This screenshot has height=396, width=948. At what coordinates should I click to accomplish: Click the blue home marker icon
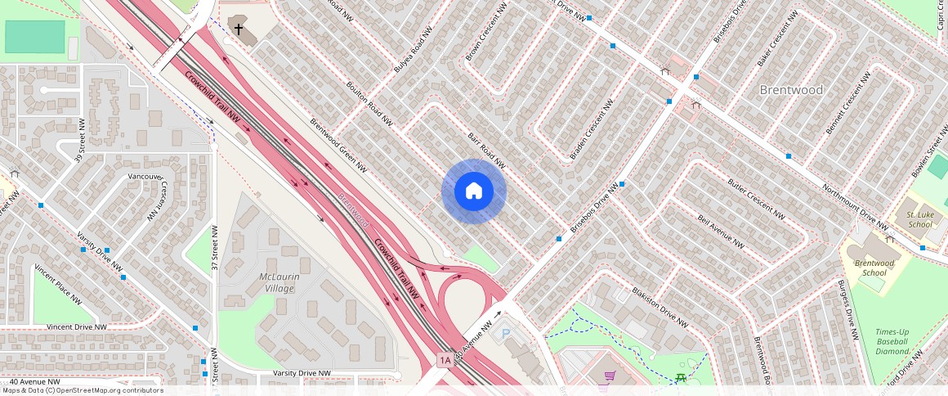tap(474, 191)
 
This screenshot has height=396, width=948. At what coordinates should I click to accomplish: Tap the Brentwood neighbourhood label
tap(791, 90)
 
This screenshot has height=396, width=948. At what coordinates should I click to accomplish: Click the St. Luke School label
tap(919, 219)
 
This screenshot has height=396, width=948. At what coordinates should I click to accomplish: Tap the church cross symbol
tap(239, 29)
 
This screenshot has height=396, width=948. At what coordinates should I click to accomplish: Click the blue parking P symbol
tap(505, 333)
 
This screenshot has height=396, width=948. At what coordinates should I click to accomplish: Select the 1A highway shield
tap(445, 360)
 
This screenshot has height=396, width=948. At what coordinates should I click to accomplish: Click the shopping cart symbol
tap(609, 376)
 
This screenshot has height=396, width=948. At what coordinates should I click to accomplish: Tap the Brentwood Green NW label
tap(338, 146)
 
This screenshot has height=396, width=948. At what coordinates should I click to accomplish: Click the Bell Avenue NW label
tap(720, 232)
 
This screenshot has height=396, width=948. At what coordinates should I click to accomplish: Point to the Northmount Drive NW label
tap(855, 207)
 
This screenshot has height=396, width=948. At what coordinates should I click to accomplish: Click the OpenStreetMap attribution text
tap(82, 390)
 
